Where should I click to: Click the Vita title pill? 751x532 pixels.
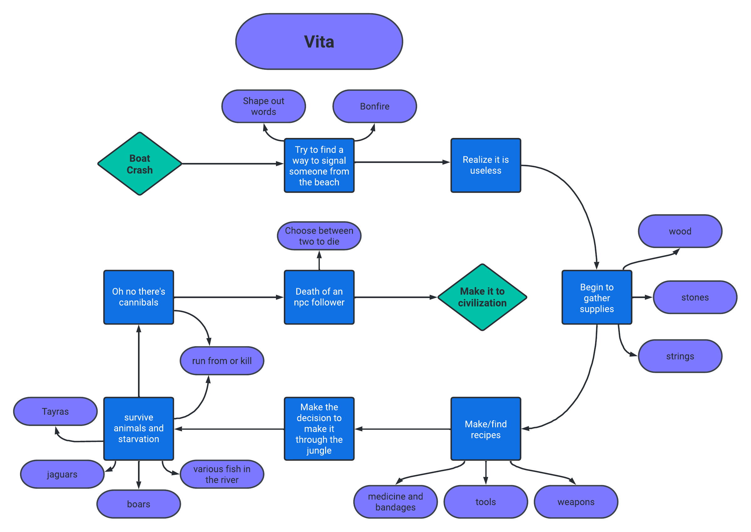(319, 42)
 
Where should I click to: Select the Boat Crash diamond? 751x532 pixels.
(140, 164)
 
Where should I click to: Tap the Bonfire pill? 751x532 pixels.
(375, 106)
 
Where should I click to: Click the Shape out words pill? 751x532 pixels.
(263, 106)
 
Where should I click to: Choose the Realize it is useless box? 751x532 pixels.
(486, 165)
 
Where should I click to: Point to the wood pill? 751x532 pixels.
(680, 231)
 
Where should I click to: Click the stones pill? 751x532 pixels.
(695, 297)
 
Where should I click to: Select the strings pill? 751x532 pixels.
(680, 356)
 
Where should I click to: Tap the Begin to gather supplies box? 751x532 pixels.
(597, 297)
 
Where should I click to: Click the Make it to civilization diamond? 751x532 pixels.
(482, 297)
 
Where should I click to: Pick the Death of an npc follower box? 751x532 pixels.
(319, 297)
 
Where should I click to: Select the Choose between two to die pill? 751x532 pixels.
(319, 236)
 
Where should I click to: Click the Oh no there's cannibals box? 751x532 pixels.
(139, 297)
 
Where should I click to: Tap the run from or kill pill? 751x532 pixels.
(222, 361)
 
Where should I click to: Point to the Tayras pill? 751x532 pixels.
(55, 412)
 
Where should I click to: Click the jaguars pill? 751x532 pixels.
(62, 474)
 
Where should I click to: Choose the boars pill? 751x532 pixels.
(139, 504)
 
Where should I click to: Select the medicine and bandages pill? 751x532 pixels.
(395, 502)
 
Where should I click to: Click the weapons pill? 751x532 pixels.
(576, 502)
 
